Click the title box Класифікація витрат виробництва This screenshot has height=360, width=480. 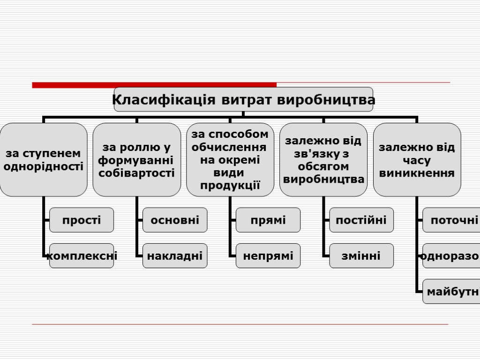click(243, 99)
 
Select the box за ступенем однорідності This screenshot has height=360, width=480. click(44, 160)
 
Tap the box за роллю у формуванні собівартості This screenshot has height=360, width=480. click(137, 160)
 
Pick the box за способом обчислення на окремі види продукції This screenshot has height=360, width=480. click(230, 160)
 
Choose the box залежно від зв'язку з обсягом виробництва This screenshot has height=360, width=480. click(323, 160)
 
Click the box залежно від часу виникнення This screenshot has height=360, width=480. click(417, 160)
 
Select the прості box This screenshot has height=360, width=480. click(82, 220)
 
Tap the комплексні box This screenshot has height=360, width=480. click(82, 256)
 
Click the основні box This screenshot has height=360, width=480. click(175, 220)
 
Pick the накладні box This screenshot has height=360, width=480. click(175, 256)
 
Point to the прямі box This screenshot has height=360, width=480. click(268, 220)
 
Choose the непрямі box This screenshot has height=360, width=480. click(268, 256)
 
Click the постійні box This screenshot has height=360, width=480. click(361, 220)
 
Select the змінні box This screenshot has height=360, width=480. click(361, 256)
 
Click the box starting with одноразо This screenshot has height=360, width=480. click(451, 256)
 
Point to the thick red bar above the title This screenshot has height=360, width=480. click(154, 85)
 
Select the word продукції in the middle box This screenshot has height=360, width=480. click(230, 185)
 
